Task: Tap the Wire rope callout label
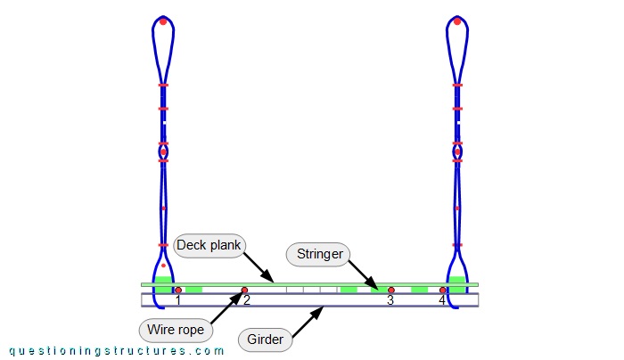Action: pos(176,331)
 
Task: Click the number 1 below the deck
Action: pos(178,301)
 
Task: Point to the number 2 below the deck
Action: pos(247,301)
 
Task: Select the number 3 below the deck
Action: pos(390,301)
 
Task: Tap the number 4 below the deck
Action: pos(441,301)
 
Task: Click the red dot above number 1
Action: pos(178,290)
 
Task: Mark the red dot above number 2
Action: pos(245,290)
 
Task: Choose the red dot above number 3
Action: pos(390,290)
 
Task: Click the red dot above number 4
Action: pos(442,290)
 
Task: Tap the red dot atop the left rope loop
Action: pos(163,20)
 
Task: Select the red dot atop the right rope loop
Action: pos(457,20)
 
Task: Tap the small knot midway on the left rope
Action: pos(163,152)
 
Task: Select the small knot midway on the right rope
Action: pos(457,152)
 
